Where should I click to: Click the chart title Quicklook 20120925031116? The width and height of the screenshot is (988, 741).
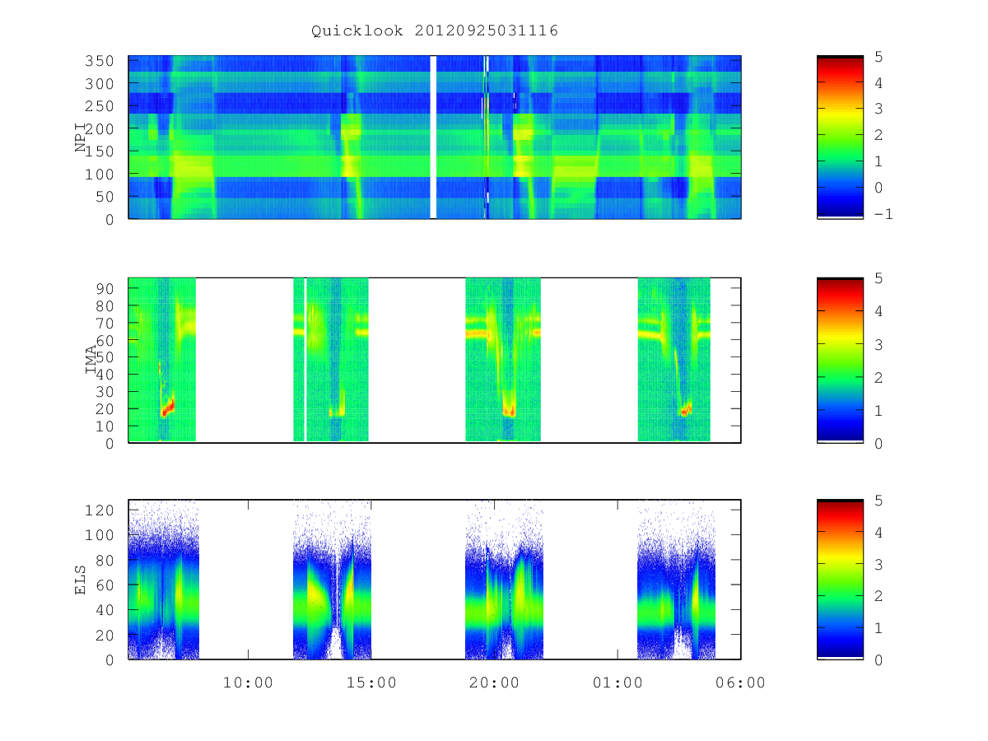point(435,30)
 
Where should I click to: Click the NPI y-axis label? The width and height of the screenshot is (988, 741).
point(80,137)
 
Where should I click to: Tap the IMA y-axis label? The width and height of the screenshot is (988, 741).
point(91,359)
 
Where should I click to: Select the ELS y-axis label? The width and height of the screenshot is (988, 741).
point(80,580)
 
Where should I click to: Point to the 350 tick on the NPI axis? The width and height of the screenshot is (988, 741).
point(100,61)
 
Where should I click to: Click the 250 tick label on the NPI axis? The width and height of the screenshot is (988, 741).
point(100,106)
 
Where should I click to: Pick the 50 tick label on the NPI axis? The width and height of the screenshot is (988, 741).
point(105,197)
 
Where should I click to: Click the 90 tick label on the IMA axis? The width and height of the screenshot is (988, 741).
point(105,289)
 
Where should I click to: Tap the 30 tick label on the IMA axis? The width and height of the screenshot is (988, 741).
point(105,392)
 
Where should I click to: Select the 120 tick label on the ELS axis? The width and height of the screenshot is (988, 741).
point(100,510)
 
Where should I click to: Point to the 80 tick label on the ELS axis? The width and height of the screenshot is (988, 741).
point(105,560)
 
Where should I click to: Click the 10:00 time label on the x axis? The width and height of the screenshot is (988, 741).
point(248,683)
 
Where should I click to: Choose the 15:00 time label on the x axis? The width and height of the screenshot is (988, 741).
point(371,683)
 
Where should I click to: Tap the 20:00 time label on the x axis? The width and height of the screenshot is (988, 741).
point(494,683)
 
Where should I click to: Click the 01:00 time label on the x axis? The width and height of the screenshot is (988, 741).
point(617,683)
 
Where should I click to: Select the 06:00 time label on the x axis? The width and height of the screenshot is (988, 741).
point(740,683)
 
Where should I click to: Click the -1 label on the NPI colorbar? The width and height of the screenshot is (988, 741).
point(883,214)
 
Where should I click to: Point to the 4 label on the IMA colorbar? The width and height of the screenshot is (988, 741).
point(878,311)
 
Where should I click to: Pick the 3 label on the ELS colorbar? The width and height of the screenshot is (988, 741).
point(878,565)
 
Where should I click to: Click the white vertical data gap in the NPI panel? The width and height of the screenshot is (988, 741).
point(433,137)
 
